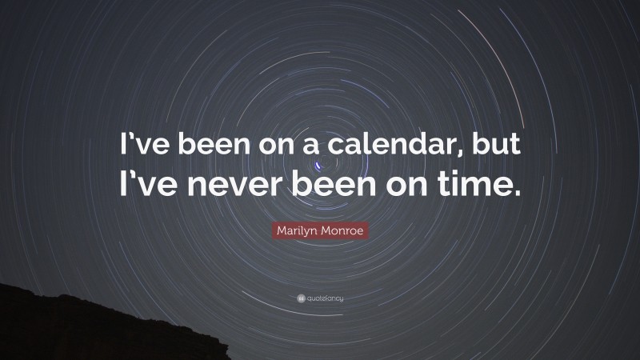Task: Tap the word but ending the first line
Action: pyautogui.click(x=496, y=150)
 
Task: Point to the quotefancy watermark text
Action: pyautogui.click(x=325, y=298)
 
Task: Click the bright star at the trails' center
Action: pyautogui.click(x=322, y=166)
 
